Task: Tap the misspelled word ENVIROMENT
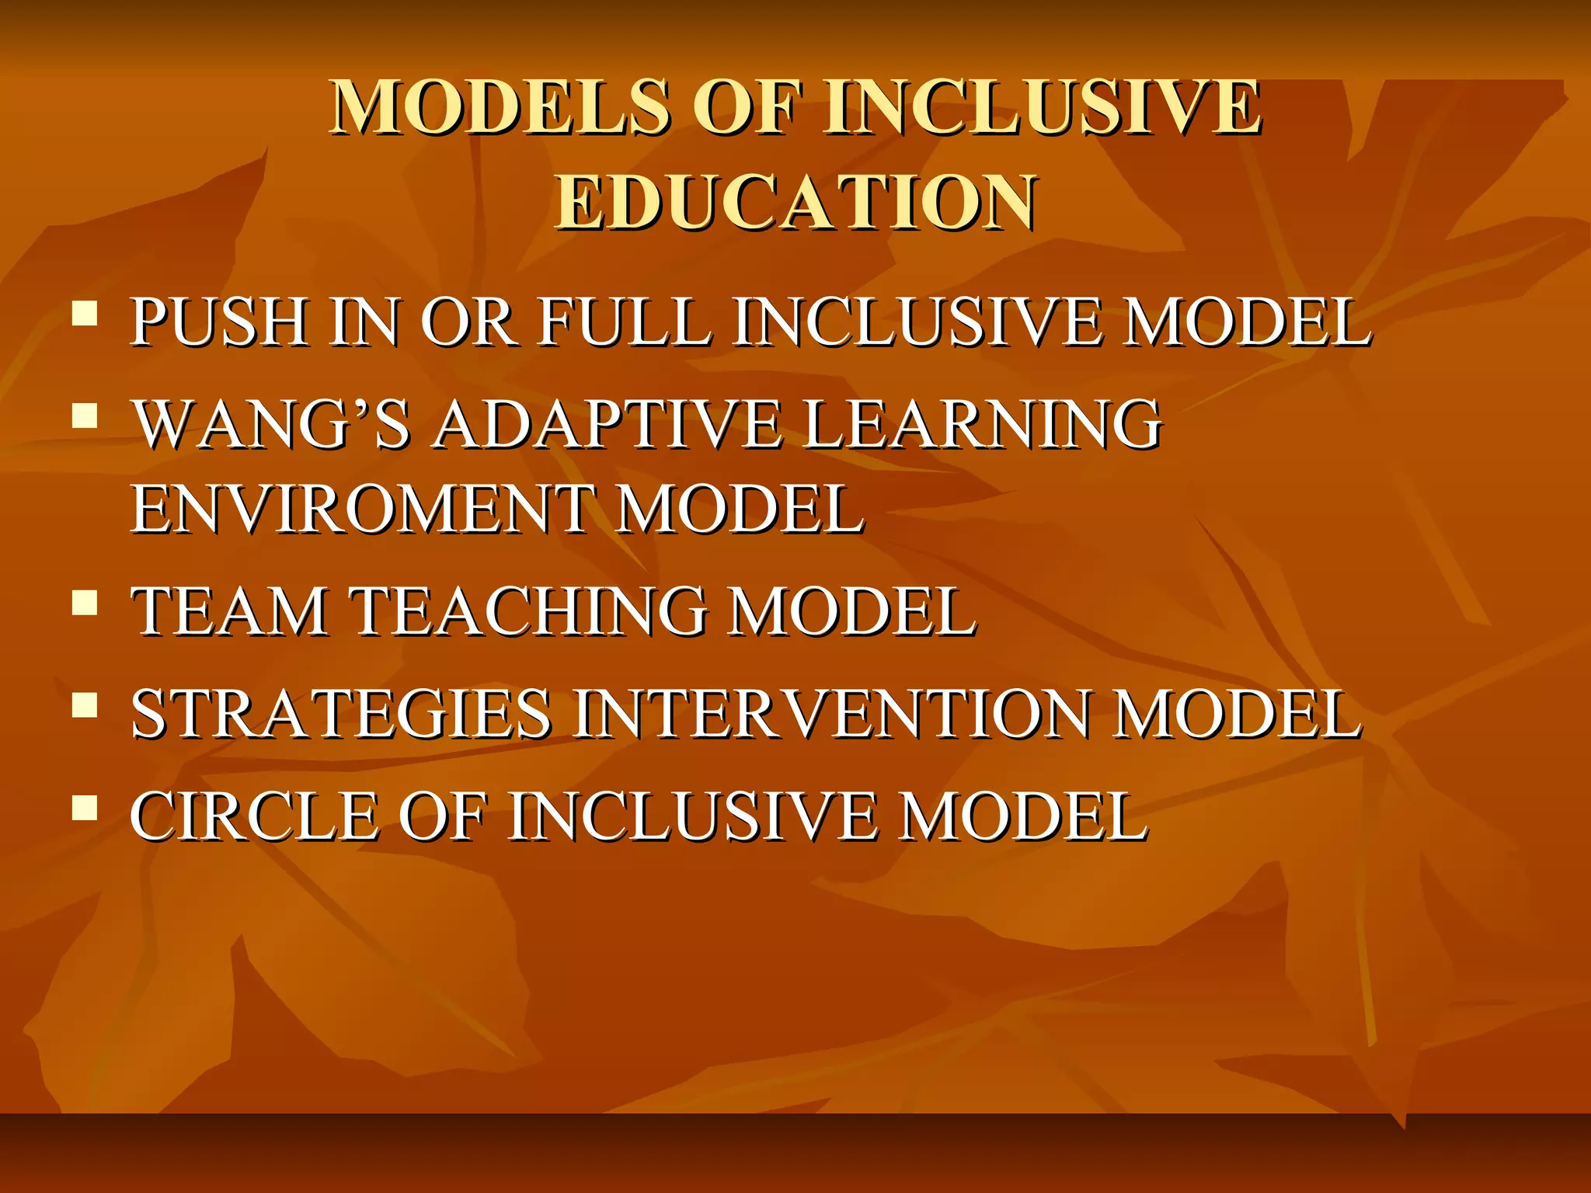tap(363, 509)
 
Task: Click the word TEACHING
tap(531, 611)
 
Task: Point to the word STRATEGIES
tap(341, 714)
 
